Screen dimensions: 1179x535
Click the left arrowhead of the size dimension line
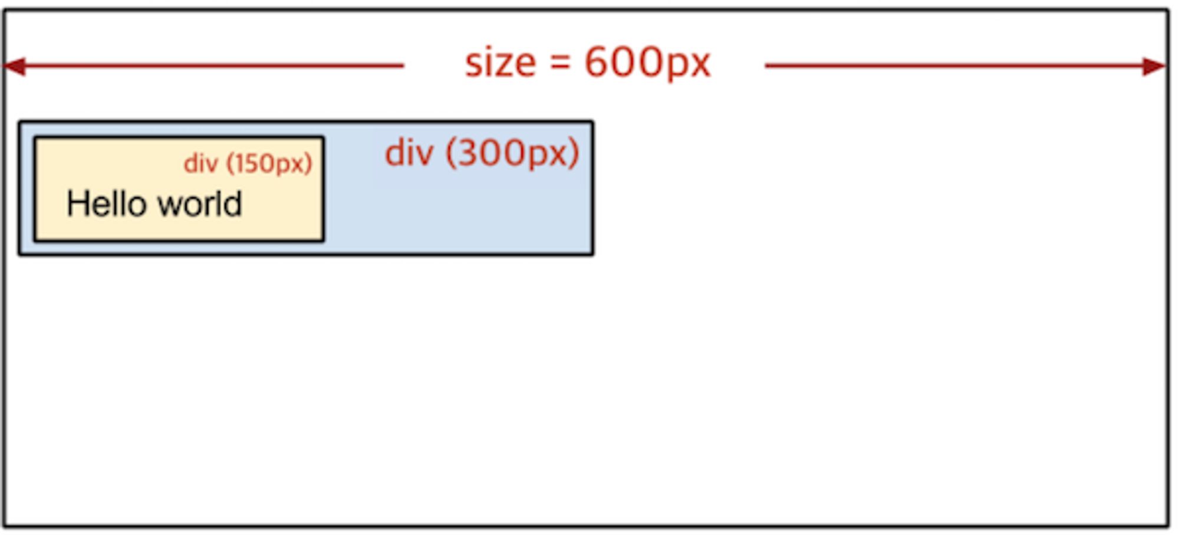(x=14, y=66)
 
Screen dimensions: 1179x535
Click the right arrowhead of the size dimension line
(x=1154, y=66)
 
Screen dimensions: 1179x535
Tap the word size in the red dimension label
(x=500, y=63)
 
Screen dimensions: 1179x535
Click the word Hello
(x=107, y=204)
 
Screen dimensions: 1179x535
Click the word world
(x=200, y=204)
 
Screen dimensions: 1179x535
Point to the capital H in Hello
(x=75, y=204)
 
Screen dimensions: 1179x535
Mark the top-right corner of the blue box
(x=592, y=122)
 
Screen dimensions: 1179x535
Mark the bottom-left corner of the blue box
(x=20, y=254)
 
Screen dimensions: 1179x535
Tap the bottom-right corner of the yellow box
(x=323, y=240)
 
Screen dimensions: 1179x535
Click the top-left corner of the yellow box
(x=35, y=138)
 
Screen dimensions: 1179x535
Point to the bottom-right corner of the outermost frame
(x=1168, y=525)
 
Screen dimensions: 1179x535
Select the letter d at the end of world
(x=235, y=204)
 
